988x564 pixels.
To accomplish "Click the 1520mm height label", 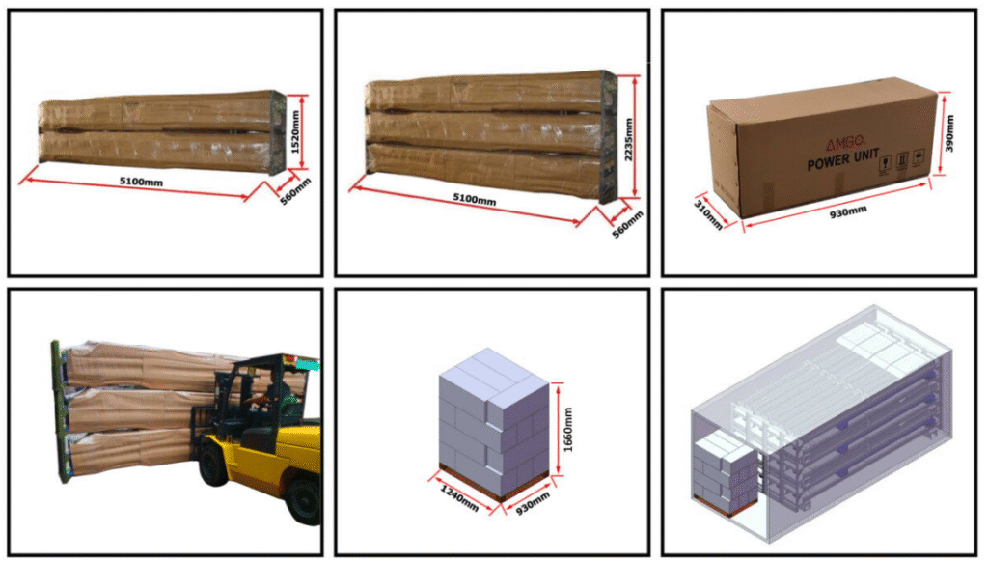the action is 295,132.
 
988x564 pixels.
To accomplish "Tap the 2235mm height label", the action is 628,139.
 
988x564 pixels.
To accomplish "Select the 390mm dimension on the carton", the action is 950,133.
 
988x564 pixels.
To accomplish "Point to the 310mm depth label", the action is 707,215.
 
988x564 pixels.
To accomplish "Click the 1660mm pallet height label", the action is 567,429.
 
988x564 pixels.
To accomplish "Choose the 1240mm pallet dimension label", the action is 459,498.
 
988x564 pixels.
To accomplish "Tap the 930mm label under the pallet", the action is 533,503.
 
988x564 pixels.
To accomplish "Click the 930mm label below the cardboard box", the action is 848,212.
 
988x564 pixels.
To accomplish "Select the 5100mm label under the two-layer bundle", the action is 141,182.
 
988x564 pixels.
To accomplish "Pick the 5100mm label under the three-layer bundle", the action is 475,199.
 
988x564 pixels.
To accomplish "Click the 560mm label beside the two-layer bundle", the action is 295,191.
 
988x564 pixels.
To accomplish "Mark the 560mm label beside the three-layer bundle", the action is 627,225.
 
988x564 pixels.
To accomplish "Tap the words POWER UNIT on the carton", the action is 843,160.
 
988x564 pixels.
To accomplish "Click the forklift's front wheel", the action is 213,467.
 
